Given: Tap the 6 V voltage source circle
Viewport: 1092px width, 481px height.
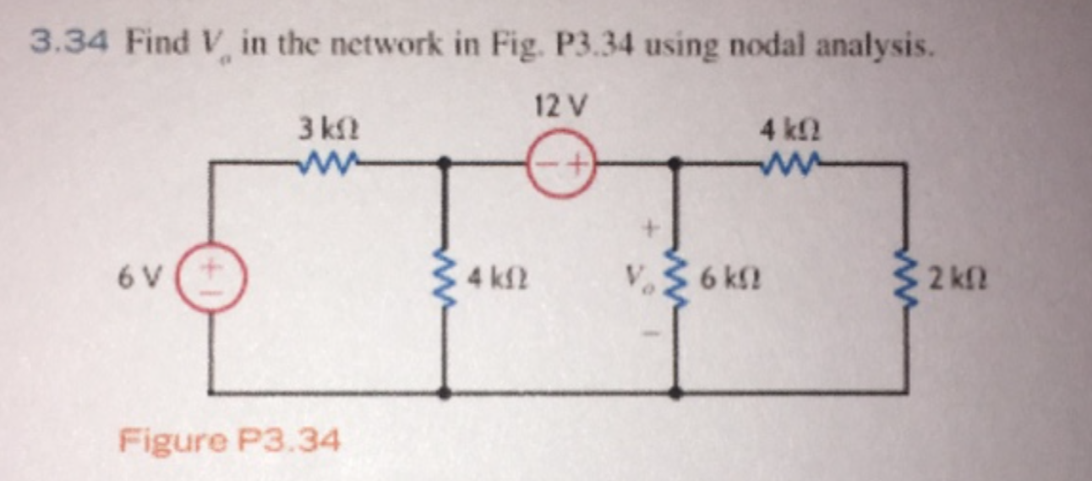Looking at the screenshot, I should (213, 277).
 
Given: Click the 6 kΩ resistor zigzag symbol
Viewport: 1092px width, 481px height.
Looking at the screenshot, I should (675, 276).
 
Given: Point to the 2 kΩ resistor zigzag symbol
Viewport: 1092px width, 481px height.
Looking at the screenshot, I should (907, 277).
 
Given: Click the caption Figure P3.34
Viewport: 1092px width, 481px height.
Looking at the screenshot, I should (230, 440).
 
